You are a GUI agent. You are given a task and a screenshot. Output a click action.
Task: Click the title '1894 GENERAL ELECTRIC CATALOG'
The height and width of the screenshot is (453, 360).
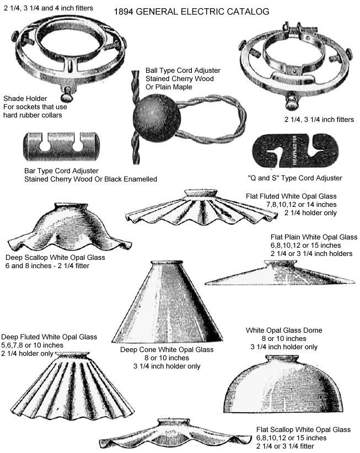(191, 12)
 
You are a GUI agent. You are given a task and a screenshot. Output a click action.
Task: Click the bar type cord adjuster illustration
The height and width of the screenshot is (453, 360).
(62, 146)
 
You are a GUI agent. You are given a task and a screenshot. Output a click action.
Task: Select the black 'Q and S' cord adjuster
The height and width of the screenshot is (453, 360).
(295, 151)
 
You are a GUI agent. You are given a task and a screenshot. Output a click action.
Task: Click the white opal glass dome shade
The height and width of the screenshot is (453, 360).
(283, 383)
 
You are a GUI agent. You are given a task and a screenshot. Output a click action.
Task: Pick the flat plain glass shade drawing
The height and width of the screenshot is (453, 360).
(280, 273)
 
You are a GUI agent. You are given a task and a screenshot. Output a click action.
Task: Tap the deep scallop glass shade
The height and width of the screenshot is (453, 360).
(69, 227)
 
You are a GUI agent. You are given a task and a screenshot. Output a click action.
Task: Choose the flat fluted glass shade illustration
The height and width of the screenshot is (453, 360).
(201, 207)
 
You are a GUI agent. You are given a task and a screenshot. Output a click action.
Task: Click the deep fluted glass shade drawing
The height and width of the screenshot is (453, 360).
(72, 386)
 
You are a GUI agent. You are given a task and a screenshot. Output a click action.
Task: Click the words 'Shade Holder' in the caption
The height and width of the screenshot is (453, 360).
(25, 99)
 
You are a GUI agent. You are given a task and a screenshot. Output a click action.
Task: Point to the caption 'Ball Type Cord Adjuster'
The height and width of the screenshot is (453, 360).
(182, 71)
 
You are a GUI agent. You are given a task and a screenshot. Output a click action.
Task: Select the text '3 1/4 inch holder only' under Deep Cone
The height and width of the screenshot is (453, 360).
(167, 366)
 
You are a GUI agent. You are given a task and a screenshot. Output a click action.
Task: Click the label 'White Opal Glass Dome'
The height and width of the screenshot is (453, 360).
(284, 330)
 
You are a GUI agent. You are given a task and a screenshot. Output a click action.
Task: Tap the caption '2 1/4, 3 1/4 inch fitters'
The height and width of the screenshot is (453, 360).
(319, 119)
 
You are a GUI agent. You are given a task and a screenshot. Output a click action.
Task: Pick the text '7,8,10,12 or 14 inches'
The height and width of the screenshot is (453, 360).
(302, 205)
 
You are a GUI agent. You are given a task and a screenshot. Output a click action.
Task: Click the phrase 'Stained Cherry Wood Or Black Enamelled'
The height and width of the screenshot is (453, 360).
(90, 179)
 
